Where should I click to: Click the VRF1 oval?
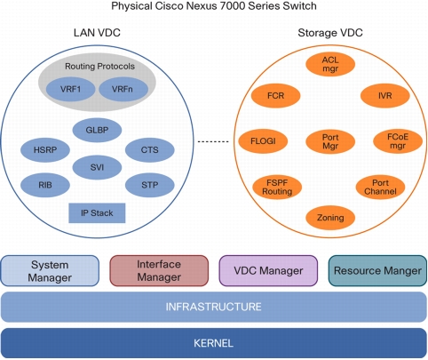tap(70, 89)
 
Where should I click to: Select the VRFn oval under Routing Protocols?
tap(123, 89)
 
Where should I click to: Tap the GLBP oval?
tap(97, 130)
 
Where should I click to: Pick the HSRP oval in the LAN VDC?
tap(45, 150)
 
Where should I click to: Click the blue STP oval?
tap(150, 185)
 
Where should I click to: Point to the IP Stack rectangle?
tap(97, 213)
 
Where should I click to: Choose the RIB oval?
tap(45, 185)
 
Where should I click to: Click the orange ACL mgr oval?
tap(330, 64)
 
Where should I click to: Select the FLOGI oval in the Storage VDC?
tap(263, 141)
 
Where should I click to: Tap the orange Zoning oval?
tap(330, 218)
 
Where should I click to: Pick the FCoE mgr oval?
tap(398, 141)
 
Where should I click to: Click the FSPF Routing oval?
tap(277, 188)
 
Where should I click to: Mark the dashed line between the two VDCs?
tap(213, 141)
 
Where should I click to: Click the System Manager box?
tap(50, 271)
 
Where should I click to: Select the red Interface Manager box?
tap(159, 271)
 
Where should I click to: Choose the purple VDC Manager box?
tap(268, 271)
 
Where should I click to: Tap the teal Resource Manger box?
tap(377, 271)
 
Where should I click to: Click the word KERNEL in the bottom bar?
tap(213, 343)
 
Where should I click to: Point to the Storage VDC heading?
tap(330, 33)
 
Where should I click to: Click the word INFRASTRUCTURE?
tap(213, 307)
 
